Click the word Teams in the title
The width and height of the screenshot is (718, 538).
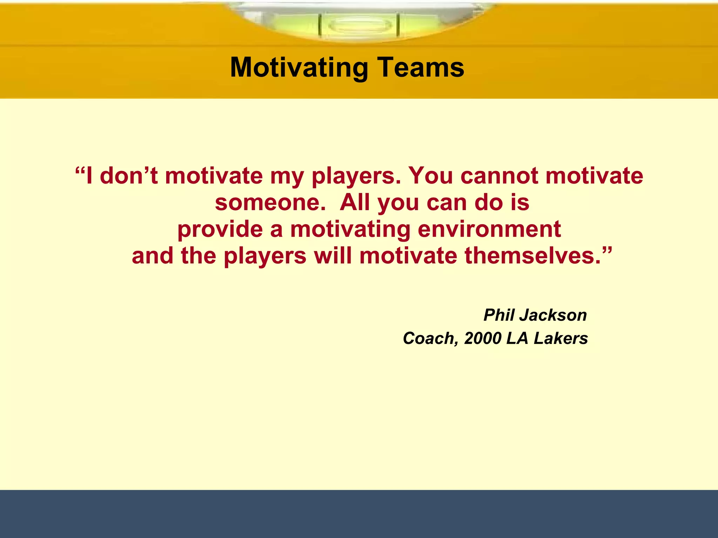tap(421, 68)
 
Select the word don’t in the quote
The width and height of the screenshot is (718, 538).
tap(129, 175)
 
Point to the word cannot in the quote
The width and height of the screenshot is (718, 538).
tap(499, 175)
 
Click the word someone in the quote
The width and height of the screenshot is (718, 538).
tap(270, 202)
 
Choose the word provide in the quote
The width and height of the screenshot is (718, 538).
tap(220, 230)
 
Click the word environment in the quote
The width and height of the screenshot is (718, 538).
tap(489, 229)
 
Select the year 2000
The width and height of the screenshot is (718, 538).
tap(483, 338)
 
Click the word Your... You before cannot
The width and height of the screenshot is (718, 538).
tap(431, 175)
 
